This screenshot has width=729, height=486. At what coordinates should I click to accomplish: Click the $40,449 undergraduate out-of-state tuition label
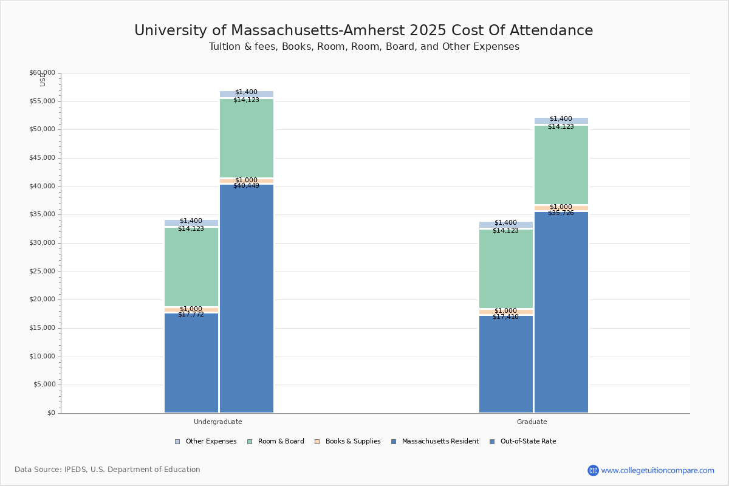coord(246,186)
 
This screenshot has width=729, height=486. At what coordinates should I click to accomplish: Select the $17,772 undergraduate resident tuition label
coord(191,315)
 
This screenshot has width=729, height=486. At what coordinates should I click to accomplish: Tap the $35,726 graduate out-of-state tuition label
coord(561,213)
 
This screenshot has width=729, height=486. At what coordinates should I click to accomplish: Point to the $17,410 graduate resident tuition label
coord(505,317)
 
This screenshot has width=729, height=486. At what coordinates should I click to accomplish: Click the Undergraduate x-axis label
coord(218,422)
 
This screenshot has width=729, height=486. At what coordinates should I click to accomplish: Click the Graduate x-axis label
coord(532,422)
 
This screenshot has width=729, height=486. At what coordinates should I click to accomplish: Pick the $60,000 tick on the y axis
coord(42,73)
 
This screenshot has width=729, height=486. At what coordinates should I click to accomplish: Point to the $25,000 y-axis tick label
coord(42,272)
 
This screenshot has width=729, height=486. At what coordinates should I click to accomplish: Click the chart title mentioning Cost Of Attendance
coord(363,31)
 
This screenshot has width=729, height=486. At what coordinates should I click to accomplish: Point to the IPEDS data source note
coord(108,470)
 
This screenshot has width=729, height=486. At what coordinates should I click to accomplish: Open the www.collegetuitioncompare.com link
coord(657,470)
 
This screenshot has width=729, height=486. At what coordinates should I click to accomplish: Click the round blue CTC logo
coord(593,470)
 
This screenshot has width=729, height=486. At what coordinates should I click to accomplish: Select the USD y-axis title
coord(43,80)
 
